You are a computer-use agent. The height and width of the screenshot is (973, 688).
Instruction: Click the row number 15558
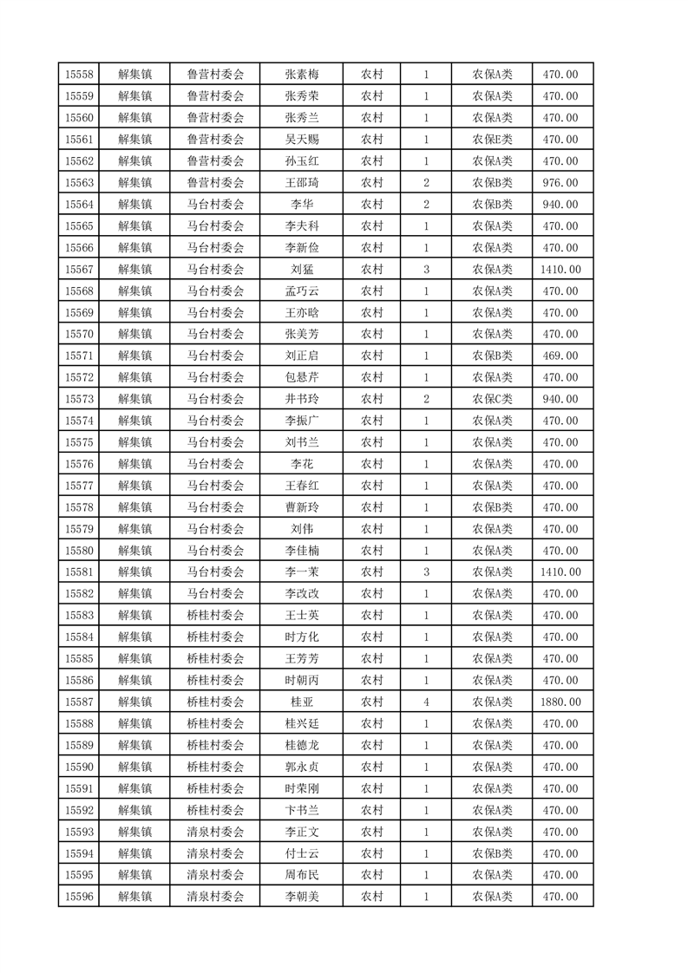pos(79,75)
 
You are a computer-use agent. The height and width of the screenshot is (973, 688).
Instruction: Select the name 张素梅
pos(302,75)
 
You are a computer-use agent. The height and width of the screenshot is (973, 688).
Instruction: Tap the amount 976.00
pos(560,183)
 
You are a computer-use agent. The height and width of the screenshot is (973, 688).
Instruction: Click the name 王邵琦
pos(302,183)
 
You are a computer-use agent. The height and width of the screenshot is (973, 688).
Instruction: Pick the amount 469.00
pos(560,356)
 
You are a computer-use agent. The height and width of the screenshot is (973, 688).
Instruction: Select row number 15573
pos(79,399)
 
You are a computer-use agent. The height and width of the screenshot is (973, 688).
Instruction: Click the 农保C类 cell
pos(492,399)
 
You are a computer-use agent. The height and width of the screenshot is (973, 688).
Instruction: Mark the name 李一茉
pos(302,572)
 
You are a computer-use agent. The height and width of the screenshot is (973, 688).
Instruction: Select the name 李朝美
pos(302,897)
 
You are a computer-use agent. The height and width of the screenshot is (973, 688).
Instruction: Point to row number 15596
pos(79,897)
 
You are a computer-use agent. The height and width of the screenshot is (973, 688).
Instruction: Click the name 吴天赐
pos(302,140)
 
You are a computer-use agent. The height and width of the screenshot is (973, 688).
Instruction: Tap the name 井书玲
pos(302,399)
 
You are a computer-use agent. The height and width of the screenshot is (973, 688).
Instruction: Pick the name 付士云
pos(302,853)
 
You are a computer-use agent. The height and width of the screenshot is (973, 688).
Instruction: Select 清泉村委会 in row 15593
pos(215,832)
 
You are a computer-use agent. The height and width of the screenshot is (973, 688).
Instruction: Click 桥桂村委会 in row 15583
pos(215,616)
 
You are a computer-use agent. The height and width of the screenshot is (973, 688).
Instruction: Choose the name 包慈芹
pos(302,377)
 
